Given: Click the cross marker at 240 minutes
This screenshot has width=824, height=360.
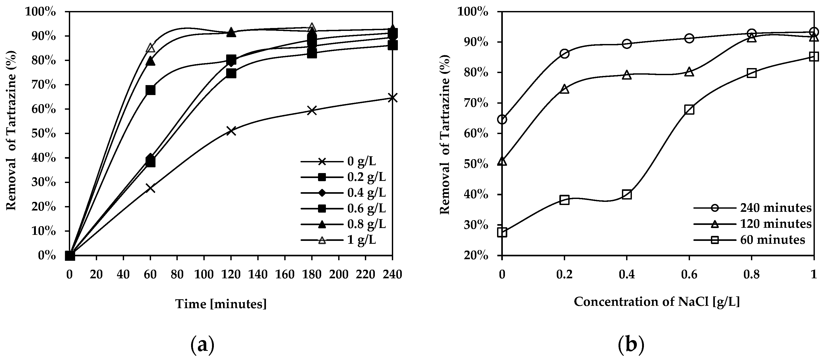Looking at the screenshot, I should click(392, 98).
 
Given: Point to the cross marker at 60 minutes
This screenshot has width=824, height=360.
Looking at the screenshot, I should click(150, 188).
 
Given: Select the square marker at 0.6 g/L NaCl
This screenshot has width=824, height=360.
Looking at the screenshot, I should click(689, 110).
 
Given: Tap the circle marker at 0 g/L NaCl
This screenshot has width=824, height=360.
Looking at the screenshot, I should click(502, 120).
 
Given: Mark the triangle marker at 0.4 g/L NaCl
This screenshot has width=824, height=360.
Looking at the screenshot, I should click(627, 75).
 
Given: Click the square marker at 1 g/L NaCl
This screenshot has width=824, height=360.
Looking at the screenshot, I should click(814, 57).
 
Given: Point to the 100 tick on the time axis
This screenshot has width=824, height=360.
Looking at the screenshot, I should click(204, 275).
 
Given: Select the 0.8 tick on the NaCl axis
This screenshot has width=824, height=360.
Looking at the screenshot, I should click(751, 275).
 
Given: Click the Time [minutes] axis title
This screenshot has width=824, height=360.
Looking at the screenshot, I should click(221, 304).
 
